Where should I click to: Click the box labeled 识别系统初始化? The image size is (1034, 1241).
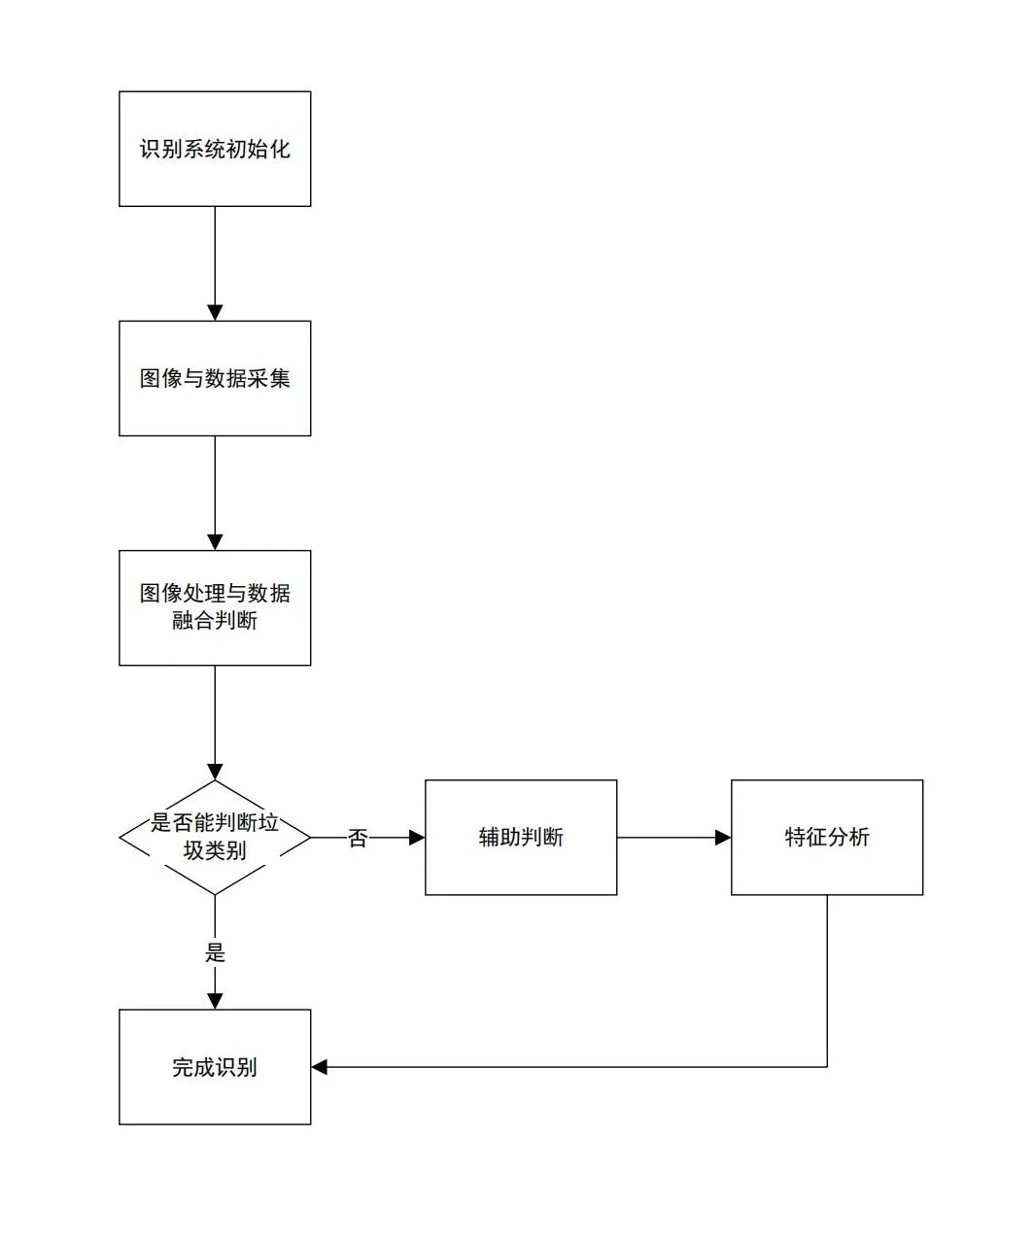click(215, 149)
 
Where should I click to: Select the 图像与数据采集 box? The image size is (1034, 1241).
click(215, 378)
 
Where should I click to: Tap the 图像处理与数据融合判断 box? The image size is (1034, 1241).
click(215, 607)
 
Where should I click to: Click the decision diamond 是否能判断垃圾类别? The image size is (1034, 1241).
click(215, 837)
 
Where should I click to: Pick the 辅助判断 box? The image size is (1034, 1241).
click(521, 837)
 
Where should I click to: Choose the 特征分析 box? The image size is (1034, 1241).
click(827, 837)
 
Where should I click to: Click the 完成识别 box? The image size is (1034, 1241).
click(215, 1067)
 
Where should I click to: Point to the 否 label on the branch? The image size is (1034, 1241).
click(358, 838)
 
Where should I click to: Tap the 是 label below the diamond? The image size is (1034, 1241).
click(215, 952)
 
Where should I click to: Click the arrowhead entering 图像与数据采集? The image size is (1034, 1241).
click(215, 313)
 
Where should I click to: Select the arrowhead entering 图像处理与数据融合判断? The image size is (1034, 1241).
click(215, 542)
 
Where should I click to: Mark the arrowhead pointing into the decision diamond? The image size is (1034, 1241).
click(215, 772)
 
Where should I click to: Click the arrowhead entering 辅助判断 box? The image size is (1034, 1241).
click(417, 837)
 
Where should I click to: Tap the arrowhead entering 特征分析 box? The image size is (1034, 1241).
click(723, 837)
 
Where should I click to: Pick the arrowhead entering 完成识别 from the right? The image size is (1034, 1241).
click(320, 1067)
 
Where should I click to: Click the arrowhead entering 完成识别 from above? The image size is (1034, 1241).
click(215, 1001)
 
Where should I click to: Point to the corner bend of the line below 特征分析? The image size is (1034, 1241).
click(827, 1067)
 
